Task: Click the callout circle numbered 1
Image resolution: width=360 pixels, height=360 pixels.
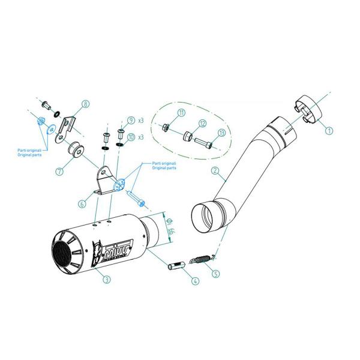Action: point(329,128)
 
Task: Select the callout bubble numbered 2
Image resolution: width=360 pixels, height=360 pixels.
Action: point(214,170)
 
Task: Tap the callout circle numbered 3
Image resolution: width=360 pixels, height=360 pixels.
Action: point(106,279)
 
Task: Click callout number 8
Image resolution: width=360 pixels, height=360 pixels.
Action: point(85,104)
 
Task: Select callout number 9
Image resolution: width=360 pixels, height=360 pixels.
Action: point(131,120)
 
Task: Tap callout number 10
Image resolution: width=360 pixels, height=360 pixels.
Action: point(131,137)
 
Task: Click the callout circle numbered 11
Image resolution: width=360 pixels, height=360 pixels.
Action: point(181,113)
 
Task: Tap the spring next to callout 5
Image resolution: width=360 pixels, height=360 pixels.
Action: point(201,260)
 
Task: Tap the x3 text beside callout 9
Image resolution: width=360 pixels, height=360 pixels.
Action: point(142,121)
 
